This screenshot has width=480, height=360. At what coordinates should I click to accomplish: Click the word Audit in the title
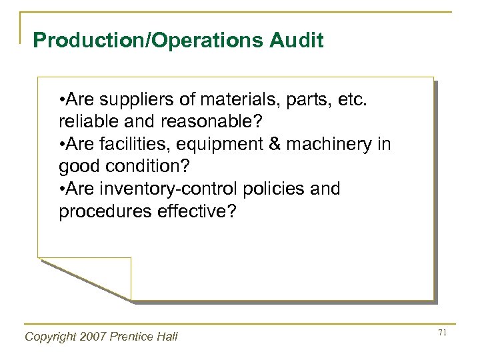291,41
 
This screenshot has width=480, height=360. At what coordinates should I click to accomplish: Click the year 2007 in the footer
99,337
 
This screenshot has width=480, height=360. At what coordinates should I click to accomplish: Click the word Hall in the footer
167,337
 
